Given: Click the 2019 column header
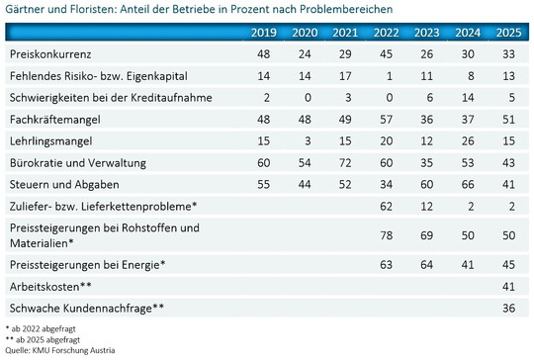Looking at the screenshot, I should [x=264, y=34].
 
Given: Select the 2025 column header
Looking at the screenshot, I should [x=505, y=34].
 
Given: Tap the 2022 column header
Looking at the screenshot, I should [x=385, y=34].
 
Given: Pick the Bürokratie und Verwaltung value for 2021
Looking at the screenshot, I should [x=345, y=162].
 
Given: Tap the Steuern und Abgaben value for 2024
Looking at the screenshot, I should [x=466, y=184].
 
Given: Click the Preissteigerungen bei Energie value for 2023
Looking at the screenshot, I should [x=425, y=264].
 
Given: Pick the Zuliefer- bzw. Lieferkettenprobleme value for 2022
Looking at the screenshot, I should [x=385, y=206].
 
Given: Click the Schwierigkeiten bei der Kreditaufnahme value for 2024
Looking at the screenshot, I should [x=466, y=98].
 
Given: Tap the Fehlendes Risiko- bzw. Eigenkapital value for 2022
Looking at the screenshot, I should [x=385, y=76].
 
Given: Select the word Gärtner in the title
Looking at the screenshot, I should [x=25, y=10].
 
